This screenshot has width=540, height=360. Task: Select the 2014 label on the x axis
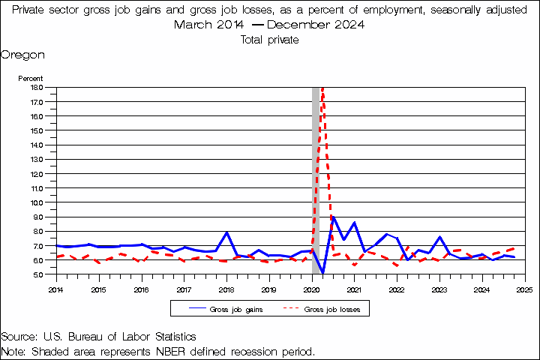56,288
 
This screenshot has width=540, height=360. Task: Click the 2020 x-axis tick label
312,288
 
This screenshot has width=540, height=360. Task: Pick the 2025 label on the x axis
525,288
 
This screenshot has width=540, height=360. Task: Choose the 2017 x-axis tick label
184,288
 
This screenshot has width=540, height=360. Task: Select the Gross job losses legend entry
326,308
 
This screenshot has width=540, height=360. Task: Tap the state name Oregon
22,55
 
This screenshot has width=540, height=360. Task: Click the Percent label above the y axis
31,78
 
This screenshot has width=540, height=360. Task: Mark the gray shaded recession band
316,180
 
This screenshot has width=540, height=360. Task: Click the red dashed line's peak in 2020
322,88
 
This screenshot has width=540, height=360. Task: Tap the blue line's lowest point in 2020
322,273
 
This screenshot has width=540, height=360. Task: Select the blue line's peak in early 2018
226,232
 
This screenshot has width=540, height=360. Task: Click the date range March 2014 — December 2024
270,24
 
